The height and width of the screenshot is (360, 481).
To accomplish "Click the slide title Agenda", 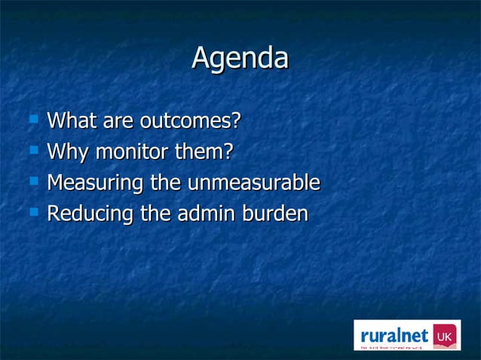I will [240, 58].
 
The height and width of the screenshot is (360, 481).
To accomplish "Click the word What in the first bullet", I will [70, 121].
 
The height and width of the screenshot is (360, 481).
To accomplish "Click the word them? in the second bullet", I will [204, 152].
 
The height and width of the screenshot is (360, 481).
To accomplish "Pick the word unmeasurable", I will [253, 183].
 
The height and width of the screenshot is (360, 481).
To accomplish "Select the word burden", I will [275, 214].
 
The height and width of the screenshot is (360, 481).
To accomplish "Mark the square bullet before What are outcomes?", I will [32, 118].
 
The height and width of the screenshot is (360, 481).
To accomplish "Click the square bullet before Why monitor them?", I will [32, 150].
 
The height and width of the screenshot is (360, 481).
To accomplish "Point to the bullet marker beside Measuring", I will [32, 181].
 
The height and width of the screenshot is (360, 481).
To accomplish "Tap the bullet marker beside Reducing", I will [32, 212].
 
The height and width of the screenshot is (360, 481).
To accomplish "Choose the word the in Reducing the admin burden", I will [153, 214].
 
